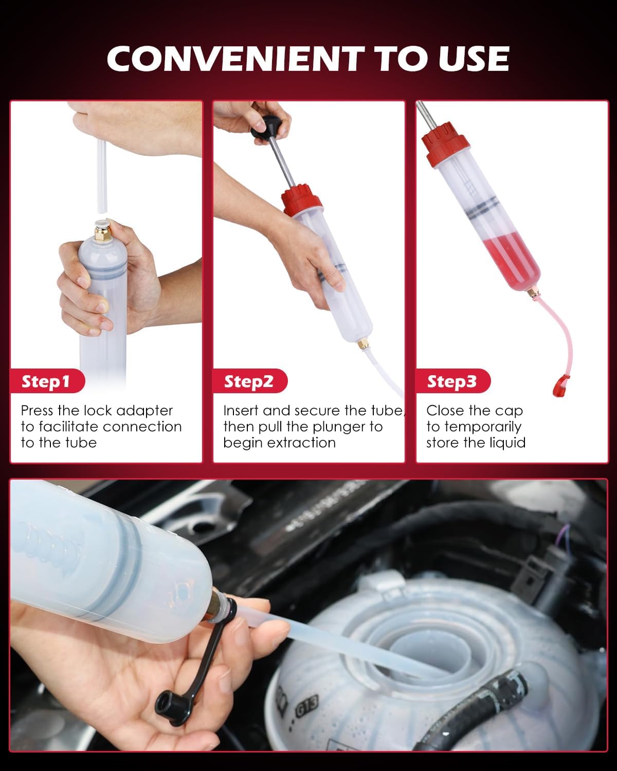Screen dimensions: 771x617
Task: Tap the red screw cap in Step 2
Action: [x=301, y=200]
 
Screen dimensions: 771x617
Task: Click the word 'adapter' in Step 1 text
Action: [x=144, y=411]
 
